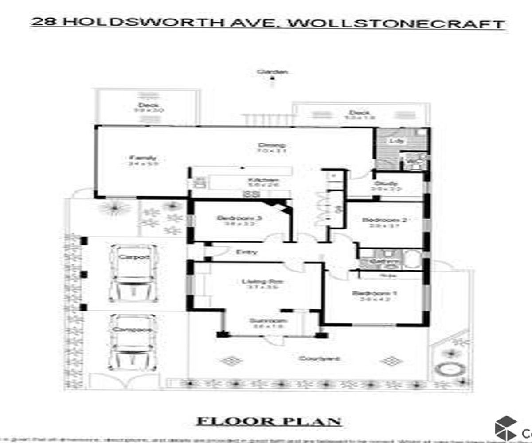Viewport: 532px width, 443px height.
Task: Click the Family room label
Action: pos(143,158)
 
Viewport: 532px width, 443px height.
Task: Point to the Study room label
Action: pos(386,183)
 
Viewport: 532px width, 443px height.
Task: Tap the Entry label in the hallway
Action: pos(246,252)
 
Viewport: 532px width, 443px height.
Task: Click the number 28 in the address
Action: pos(43,22)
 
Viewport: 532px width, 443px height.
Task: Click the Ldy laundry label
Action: pos(397,141)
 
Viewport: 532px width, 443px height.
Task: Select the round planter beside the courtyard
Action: pos(447,369)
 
